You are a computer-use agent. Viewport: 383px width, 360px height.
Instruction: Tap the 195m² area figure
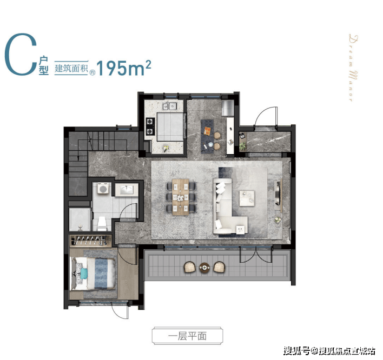click(x=124, y=68)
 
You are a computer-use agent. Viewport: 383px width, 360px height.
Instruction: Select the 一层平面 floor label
click(x=187, y=336)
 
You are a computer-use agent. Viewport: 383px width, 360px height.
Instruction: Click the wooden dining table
click(x=181, y=197)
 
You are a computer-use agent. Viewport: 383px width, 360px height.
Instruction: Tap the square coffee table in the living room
click(x=247, y=198)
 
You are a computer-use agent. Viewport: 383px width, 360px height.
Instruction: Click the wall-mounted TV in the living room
click(x=278, y=193)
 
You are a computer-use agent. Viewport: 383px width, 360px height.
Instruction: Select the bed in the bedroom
click(x=93, y=274)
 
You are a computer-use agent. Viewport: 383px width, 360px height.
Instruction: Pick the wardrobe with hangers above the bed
click(x=90, y=241)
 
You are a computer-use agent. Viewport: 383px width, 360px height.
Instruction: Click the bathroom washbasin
click(x=127, y=190)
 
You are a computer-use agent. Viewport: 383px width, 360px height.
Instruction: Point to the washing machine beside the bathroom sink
click(x=103, y=189)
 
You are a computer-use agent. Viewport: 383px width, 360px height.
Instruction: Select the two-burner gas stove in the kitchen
click(x=150, y=126)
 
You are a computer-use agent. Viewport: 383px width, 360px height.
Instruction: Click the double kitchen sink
click(x=170, y=106)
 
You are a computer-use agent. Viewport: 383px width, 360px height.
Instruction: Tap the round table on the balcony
click(x=204, y=268)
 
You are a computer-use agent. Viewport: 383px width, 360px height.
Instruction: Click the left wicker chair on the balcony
click(x=189, y=267)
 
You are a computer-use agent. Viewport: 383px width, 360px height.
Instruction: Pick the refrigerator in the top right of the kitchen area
click(x=228, y=108)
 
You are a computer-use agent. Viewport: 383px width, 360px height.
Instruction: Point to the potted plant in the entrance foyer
click(x=242, y=146)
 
